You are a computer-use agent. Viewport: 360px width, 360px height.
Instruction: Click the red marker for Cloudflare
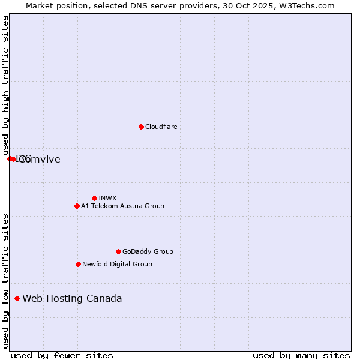[141, 127]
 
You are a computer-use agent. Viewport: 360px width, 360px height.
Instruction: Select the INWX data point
[94, 198]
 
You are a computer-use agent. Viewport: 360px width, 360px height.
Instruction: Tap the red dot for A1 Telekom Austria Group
[77, 206]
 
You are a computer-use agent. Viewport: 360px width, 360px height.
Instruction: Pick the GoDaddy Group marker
[118, 251]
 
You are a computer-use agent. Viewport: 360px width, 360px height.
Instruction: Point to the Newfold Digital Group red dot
[78, 264]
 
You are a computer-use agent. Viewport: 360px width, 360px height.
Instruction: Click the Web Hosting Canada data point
[17, 298]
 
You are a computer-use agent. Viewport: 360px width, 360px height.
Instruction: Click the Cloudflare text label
[161, 127]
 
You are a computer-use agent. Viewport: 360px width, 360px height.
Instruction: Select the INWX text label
[107, 198]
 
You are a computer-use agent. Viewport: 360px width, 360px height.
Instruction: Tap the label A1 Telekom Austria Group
[122, 206]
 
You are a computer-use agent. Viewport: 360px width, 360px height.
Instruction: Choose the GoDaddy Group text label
[148, 251]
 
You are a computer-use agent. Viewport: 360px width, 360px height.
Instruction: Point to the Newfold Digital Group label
[117, 264]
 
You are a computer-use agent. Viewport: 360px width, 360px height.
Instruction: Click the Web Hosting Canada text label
[72, 298]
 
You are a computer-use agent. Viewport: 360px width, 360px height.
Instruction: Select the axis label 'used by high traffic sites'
[5, 85]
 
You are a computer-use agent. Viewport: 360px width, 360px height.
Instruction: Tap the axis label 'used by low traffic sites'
[5, 280]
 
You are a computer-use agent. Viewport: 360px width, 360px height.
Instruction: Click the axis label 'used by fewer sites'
[62, 355]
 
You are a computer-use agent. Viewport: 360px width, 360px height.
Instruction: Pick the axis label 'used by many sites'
[301, 355]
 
